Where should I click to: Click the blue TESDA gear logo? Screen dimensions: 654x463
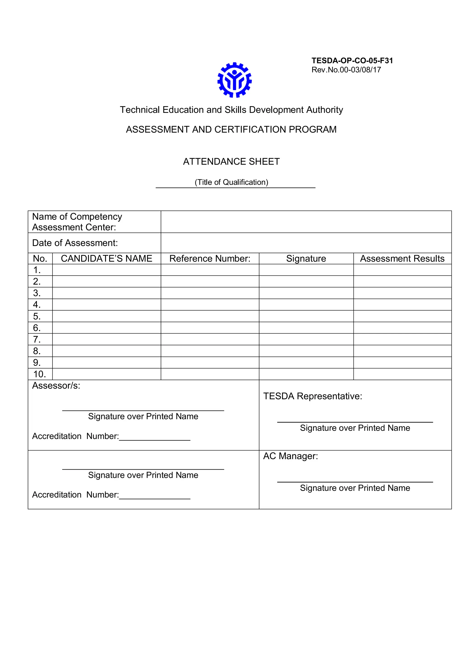(234, 80)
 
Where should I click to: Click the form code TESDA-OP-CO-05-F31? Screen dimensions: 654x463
(352, 61)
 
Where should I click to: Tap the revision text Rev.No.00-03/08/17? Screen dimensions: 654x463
(346, 70)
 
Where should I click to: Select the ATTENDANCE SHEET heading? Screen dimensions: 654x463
(231, 161)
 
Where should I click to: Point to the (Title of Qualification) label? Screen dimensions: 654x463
(231, 182)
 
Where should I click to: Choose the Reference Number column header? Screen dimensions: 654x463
(210, 258)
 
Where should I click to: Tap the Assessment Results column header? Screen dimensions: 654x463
(402, 258)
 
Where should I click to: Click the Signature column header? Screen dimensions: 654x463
(306, 258)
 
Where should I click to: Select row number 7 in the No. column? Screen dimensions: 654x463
(37, 339)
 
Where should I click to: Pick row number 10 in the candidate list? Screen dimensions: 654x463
(39, 374)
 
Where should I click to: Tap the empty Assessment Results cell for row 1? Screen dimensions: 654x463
(402, 270)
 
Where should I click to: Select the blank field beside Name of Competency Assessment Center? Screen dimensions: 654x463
(306, 222)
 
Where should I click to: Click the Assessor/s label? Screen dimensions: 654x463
(56, 385)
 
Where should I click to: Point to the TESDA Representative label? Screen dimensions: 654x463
(312, 396)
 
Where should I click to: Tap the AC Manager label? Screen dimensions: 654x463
(290, 456)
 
